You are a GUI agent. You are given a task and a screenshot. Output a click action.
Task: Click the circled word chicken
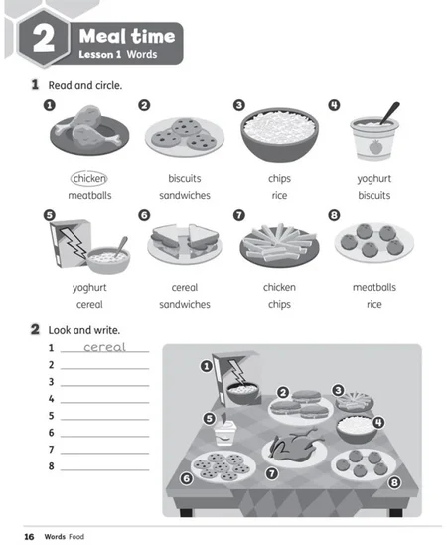pyautogui.click(x=89, y=178)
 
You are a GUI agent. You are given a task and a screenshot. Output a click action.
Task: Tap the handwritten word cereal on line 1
pyautogui.click(x=104, y=347)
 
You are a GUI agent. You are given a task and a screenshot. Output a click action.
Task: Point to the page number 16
pyautogui.click(x=29, y=536)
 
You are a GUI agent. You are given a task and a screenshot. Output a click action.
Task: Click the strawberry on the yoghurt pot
pyautogui.click(x=374, y=147)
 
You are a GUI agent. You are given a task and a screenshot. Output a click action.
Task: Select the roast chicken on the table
pyautogui.click(x=294, y=443)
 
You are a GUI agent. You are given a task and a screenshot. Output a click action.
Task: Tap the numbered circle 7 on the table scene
pyautogui.click(x=271, y=473)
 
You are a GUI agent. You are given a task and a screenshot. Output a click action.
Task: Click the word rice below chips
pyautogui.click(x=279, y=195)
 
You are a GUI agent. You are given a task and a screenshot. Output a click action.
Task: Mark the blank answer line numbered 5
pyautogui.click(x=104, y=420)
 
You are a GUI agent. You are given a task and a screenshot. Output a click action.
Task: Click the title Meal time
pyautogui.click(x=127, y=36)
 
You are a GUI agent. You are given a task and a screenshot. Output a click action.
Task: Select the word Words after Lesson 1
pyautogui.click(x=142, y=55)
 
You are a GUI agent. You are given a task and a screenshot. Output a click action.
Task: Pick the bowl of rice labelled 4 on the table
pyautogui.click(x=356, y=428)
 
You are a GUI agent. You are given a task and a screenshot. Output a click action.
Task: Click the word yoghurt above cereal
pyautogui.click(x=89, y=288)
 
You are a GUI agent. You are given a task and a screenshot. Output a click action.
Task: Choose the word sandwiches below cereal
pyautogui.click(x=185, y=304)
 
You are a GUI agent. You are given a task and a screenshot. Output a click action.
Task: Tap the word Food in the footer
pyautogui.click(x=76, y=536)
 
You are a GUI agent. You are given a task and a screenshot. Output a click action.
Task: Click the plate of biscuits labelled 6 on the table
pyautogui.click(x=223, y=465)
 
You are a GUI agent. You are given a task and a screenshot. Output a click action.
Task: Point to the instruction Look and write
pyautogui.click(x=84, y=330)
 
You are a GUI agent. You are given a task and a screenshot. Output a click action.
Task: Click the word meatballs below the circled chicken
pyautogui.click(x=89, y=195)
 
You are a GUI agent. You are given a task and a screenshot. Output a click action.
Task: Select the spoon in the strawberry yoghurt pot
pyautogui.click(x=389, y=113)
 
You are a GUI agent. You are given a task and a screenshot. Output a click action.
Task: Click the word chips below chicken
pyautogui.click(x=279, y=304)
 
